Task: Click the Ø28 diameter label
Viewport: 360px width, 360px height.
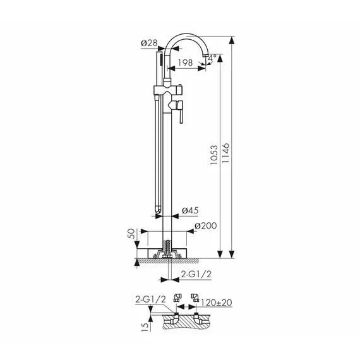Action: pyautogui.click(x=149, y=43)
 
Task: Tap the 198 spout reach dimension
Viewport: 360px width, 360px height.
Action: pyautogui.click(x=185, y=63)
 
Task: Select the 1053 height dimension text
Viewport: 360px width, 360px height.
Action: pyautogui.click(x=213, y=154)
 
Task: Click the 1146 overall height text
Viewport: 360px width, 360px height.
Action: pyautogui.click(x=226, y=153)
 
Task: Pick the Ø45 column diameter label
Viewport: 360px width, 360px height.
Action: pyautogui.click(x=190, y=210)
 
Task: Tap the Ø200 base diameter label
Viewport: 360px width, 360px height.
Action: pyautogui.click(x=205, y=225)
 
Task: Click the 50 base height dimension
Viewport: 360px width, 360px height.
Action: pyautogui.click(x=131, y=234)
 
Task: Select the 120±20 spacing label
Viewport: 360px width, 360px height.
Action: pyautogui.click(x=217, y=303)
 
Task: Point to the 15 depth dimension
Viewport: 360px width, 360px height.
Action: pyautogui.click(x=145, y=327)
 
